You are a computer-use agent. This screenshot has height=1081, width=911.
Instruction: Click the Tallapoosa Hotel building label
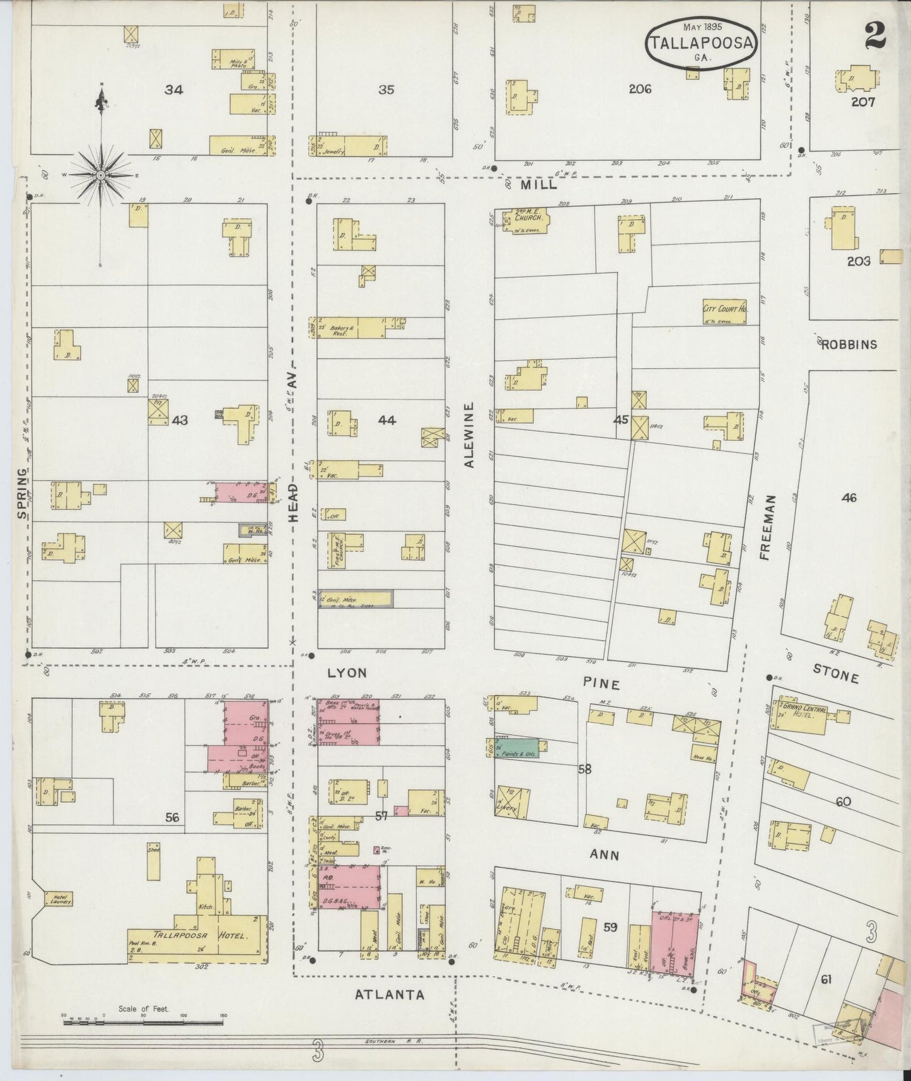197,935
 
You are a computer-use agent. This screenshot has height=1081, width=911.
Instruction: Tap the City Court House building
724,312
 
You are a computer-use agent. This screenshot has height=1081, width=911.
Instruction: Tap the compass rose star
101,174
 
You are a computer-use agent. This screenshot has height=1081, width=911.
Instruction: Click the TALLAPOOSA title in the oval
701,43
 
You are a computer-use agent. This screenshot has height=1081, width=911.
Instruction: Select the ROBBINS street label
849,344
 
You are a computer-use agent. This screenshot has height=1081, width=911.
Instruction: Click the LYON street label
347,673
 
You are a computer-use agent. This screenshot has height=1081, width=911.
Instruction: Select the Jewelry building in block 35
347,146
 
